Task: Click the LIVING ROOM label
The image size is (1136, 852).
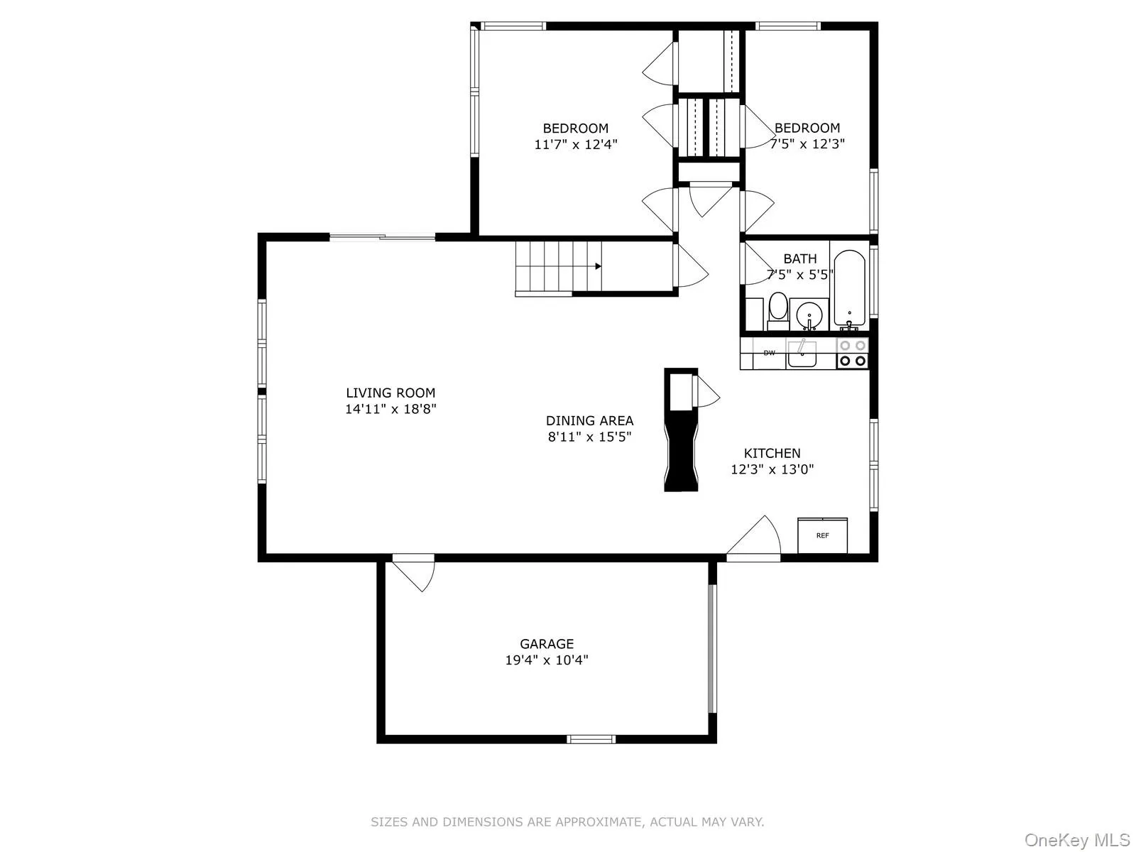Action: pos(390,393)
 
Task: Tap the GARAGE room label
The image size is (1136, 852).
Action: pos(546,644)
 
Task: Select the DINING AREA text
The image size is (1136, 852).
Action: pos(589,420)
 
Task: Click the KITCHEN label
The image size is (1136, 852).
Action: pos(772,453)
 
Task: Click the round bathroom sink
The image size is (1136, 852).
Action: pos(808,314)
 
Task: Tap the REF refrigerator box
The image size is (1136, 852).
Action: pos(822,535)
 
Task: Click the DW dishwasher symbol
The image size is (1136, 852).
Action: pos(769,353)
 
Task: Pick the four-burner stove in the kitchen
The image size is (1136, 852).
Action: pos(852,353)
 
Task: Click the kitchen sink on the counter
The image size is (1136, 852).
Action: pos(802,353)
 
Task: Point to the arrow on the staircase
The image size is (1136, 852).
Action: pos(599,266)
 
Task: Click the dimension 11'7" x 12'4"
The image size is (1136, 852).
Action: pos(576,144)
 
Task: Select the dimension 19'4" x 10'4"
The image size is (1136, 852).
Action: pos(546,660)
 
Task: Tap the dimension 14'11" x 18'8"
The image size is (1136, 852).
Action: pos(390,409)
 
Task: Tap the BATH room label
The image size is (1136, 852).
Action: pos(800,258)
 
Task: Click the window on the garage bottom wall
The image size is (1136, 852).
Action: pos(591,739)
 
